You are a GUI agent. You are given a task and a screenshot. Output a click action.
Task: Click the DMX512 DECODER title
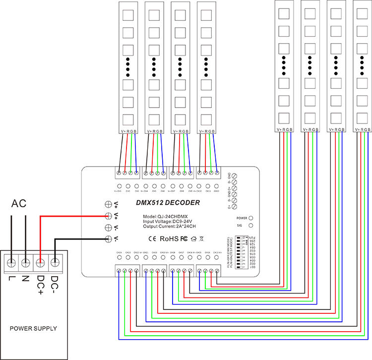point(168,203)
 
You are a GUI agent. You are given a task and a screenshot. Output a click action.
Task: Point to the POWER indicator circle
point(251,218)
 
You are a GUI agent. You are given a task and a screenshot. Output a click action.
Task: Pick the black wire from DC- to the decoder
point(79,240)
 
